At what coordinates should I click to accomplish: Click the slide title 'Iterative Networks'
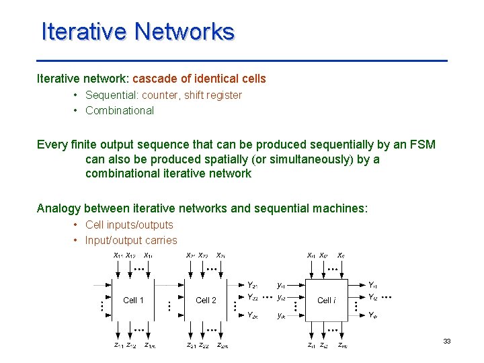click(x=138, y=32)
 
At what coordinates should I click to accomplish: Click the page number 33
click(x=447, y=342)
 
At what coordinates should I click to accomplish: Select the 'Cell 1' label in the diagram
click(x=133, y=300)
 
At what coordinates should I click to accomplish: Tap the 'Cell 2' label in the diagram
click(x=206, y=300)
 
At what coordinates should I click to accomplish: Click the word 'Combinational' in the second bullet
click(x=120, y=110)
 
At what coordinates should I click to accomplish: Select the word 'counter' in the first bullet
click(x=160, y=95)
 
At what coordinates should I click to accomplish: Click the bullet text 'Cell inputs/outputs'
click(x=129, y=225)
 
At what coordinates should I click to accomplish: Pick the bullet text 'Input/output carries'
click(x=131, y=240)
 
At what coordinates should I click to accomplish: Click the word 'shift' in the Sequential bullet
click(x=197, y=95)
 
